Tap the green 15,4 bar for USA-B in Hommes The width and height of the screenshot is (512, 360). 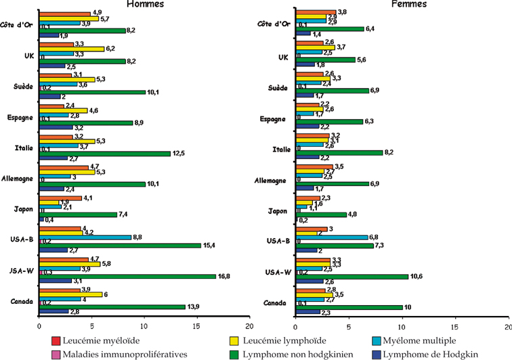pyautogui.click(x=120, y=245)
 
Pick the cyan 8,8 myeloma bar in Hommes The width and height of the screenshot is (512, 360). pyautogui.click(x=85, y=237)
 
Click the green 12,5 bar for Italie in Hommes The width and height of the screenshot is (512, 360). pyautogui.click(x=105, y=153)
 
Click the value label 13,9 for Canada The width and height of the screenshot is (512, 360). pyautogui.click(x=195, y=307)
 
